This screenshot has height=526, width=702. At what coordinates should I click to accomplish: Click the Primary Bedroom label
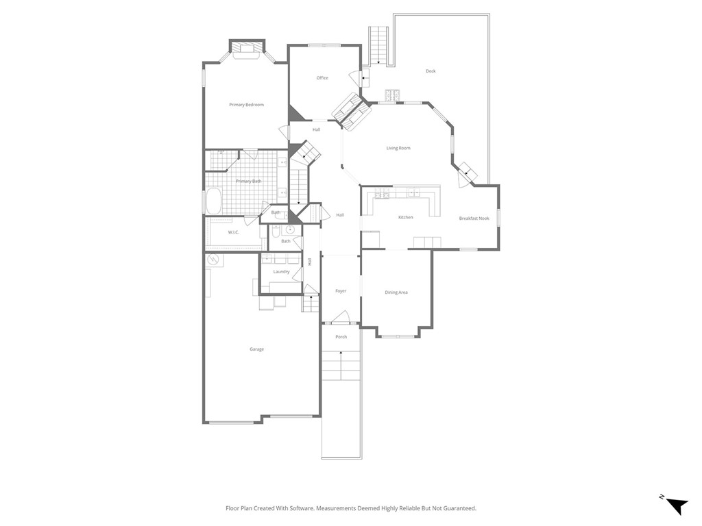246,105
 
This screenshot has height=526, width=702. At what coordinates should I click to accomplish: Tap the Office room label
322,78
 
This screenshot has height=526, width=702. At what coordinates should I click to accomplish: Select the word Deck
431,71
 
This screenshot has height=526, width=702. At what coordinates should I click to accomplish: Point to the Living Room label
398,148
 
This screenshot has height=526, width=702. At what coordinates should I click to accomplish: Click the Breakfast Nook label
474,218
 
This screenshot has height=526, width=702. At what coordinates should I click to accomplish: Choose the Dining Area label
396,292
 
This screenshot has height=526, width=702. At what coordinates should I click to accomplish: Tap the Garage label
256,349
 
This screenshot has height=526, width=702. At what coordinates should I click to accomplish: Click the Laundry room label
281,272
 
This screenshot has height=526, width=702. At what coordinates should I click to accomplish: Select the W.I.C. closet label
233,232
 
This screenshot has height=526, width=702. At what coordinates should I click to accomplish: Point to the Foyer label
341,291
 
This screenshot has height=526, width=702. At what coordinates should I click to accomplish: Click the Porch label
341,337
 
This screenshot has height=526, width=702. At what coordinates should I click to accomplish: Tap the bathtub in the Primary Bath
213,201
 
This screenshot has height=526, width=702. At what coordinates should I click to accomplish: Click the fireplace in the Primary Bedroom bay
246,47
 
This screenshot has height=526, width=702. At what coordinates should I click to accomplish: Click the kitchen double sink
381,195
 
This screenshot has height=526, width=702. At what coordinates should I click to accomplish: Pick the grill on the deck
392,95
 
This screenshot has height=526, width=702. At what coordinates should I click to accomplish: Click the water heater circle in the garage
213,260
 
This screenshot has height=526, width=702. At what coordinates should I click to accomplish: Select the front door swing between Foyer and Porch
341,317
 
